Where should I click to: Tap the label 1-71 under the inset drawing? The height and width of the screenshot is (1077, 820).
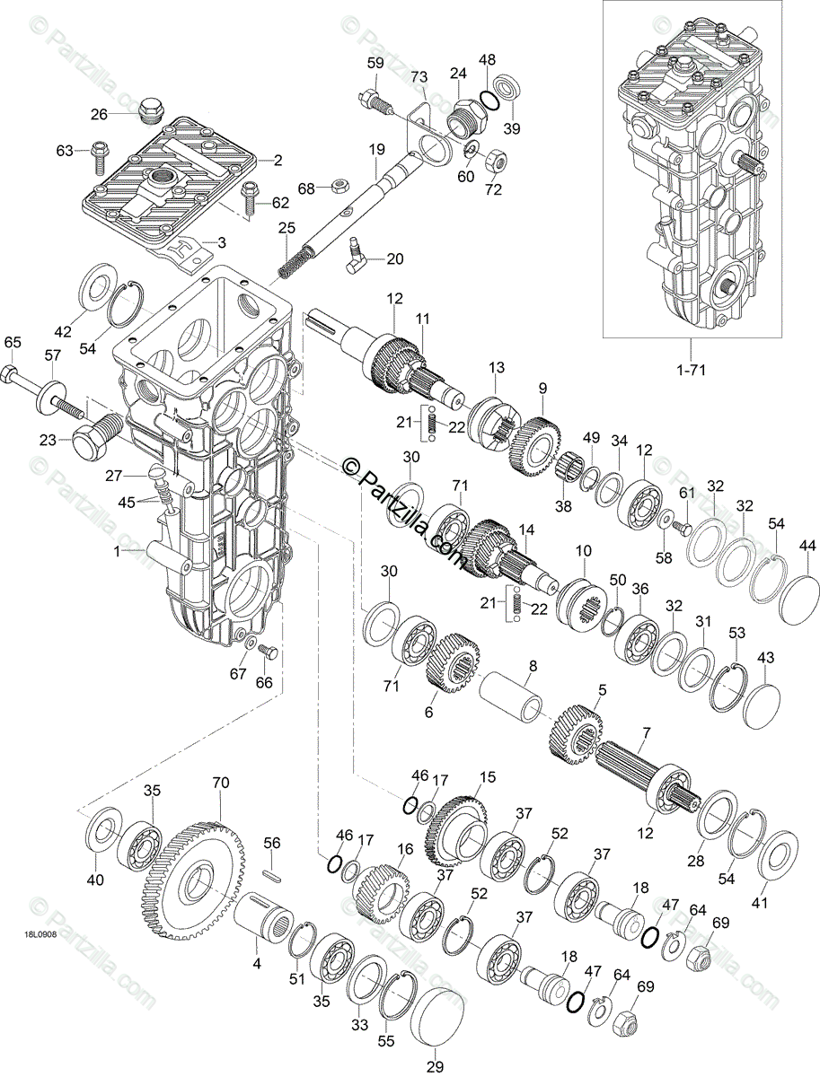click(x=691, y=368)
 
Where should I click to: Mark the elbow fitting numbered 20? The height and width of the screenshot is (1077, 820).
click(x=362, y=264)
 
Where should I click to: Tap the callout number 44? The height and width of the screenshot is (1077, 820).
click(x=807, y=547)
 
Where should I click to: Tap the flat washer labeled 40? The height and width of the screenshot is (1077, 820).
click(x=105, y=832)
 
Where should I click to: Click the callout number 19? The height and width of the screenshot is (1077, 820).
click(x=375, y=148)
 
